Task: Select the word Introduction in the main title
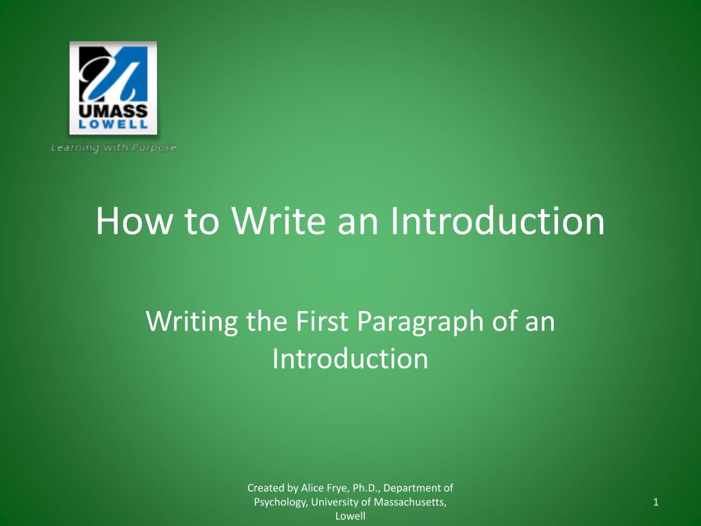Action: tap(498, 221)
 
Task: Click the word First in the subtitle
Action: tap(320, 322)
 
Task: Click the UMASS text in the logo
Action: tap(114, 112)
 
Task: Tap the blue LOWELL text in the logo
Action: tap(114, 125)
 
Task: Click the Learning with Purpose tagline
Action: tap(114, 148)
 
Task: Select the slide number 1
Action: tap(656, 503)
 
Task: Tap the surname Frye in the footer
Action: tap(337, 488)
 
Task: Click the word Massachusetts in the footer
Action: tap(409, 503)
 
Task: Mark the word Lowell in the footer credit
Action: tap(350, 516)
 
